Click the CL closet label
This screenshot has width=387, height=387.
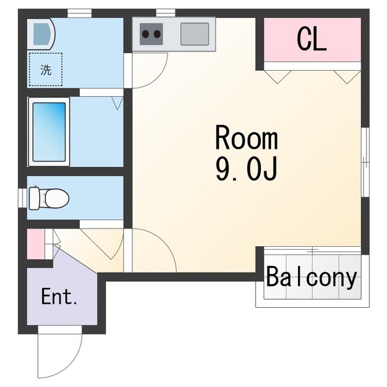[311, 39]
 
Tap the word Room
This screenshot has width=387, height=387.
[247, 137]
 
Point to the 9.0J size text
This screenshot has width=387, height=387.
[246, 169]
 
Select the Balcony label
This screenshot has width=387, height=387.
[311, 277]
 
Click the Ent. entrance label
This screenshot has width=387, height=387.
[59, 296]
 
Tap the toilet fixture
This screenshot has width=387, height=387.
[49, 198]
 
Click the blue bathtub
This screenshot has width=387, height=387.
[49, 132]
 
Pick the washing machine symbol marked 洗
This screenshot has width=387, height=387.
[46, 70]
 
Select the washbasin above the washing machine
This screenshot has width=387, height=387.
[41, 34]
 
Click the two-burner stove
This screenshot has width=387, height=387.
[151, 34]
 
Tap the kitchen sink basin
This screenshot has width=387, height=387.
[195, 34]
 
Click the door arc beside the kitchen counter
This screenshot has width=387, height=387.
[157, 78]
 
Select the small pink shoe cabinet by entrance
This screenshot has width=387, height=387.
[36, 244]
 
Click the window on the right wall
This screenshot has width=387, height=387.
[365, 162]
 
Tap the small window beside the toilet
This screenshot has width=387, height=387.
[22, 198]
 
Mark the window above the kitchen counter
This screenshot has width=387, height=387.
[166, 13]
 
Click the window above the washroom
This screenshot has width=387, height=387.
[79, 13]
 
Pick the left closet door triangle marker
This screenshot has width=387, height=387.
[278, 77]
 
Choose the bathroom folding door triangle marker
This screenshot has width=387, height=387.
[117, 103]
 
